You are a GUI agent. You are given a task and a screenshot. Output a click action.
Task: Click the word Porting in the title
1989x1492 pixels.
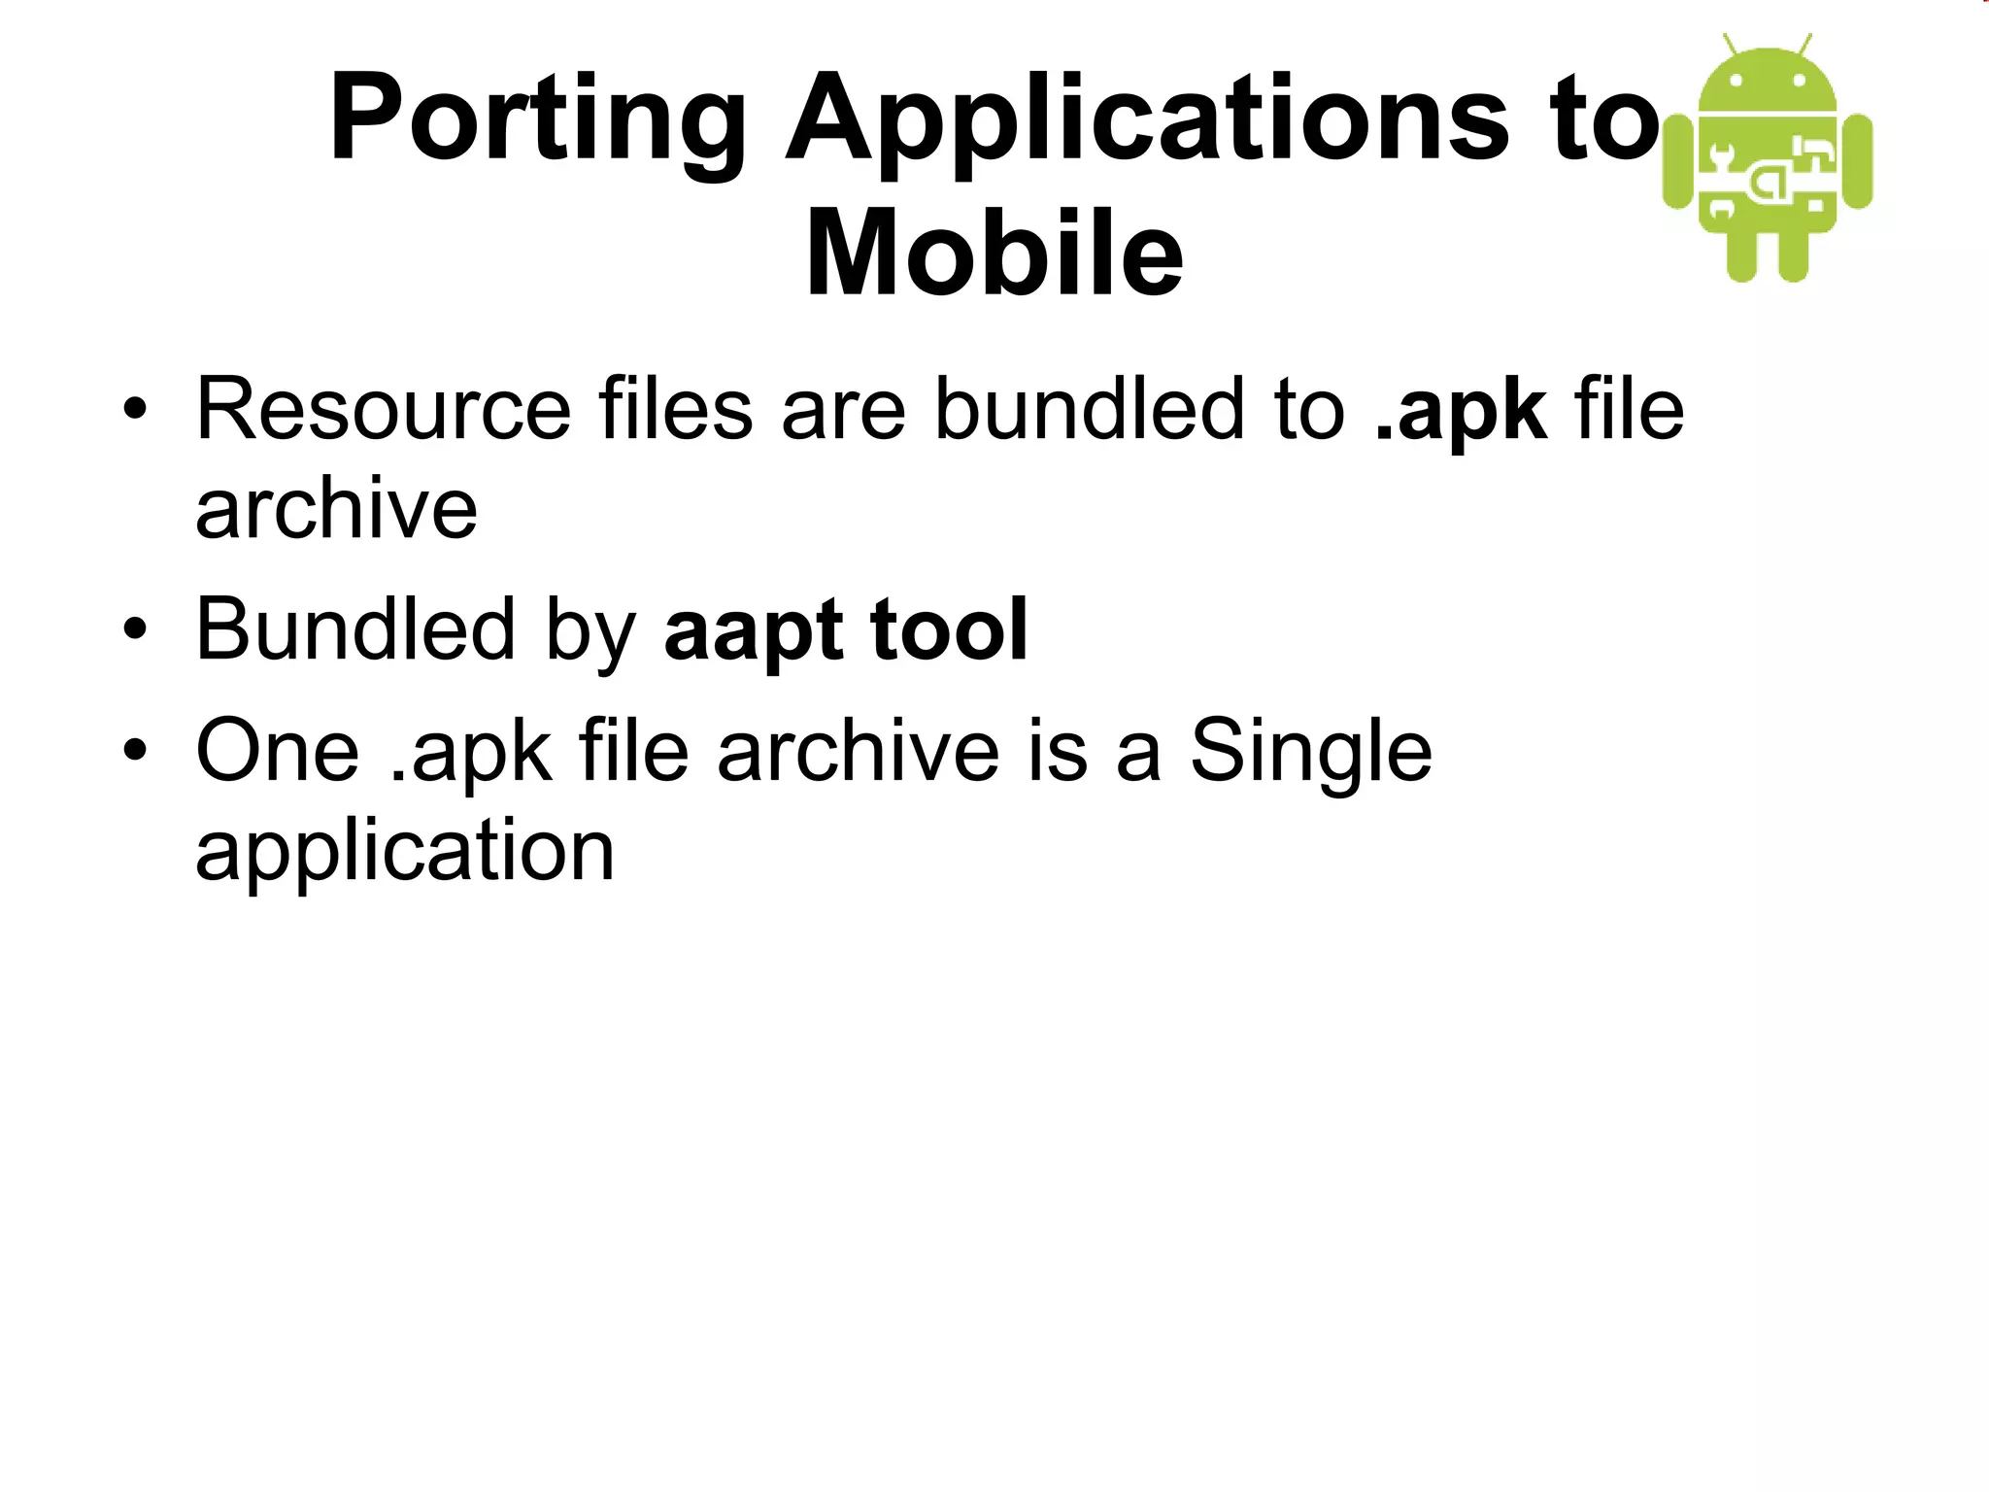[537, 121]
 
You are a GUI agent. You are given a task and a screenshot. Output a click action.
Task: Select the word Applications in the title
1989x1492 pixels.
[1146, 121]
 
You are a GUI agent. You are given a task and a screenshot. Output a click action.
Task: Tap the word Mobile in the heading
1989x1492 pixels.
[994, 254]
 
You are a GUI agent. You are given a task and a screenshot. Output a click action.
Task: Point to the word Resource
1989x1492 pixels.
[383, 410]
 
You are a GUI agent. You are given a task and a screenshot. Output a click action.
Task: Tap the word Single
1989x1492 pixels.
[1311, 753]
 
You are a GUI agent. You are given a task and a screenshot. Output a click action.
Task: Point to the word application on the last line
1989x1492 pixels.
[405, 851]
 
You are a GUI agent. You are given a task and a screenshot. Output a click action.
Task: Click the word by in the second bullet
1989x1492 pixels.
[590, 631]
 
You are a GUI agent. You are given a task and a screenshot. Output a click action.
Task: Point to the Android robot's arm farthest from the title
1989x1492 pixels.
[1857, 161]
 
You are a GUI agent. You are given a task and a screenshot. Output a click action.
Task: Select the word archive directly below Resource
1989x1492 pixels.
[336, 509]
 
